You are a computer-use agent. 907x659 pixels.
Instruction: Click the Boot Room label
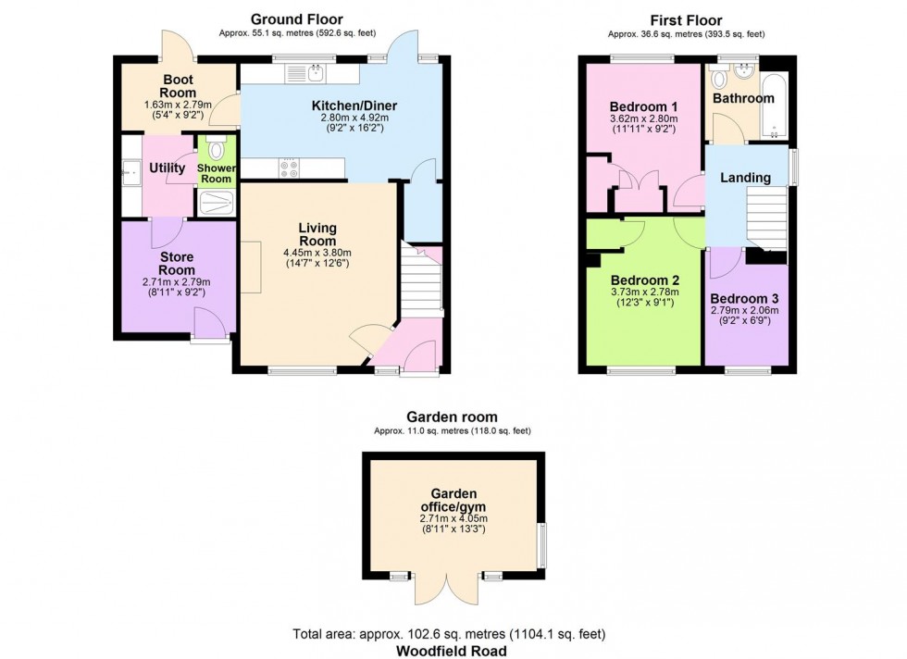click(x=178, y=86)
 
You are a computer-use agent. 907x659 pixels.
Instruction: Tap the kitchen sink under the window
click(x=305, y=73)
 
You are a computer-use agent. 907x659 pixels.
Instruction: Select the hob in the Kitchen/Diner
click(x=289, y=168)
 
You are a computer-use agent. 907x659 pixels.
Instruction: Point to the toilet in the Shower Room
click(x=217, y=149)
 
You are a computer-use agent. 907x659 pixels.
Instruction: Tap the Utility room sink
click(x=131, y=172)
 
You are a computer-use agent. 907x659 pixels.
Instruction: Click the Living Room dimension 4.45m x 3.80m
click(x=317, y=253)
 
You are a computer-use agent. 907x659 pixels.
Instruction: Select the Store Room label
click(x=177, y=263)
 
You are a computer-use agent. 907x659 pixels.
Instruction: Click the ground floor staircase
click(x=422, y=280)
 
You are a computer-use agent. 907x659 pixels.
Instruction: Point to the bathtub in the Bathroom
click(x=774, y=106)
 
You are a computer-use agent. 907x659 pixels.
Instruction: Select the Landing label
click(x=745, y=178)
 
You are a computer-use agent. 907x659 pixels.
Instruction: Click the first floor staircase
click(x=766, y=218)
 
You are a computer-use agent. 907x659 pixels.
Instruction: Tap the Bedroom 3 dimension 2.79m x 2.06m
click(x=744, y=310)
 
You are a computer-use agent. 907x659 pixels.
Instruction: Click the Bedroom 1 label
click(x=643, y=106)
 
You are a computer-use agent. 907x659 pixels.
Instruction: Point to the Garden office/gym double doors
click(x=446, y=588)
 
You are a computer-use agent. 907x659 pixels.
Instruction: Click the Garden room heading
click(x=452, y=417)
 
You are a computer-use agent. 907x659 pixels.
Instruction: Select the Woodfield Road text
click(x=452, y=651)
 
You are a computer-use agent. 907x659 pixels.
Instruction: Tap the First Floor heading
click(x=686, y=20)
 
